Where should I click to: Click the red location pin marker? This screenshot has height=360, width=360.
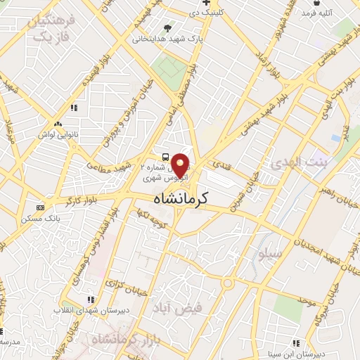coord(181,165)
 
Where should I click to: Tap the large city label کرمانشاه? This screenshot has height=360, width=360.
coord(180,200)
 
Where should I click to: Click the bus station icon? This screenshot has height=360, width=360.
coord(164,157)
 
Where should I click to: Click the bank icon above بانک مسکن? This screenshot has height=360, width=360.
coord(40,207)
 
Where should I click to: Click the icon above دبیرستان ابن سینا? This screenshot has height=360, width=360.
coord(296,343)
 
